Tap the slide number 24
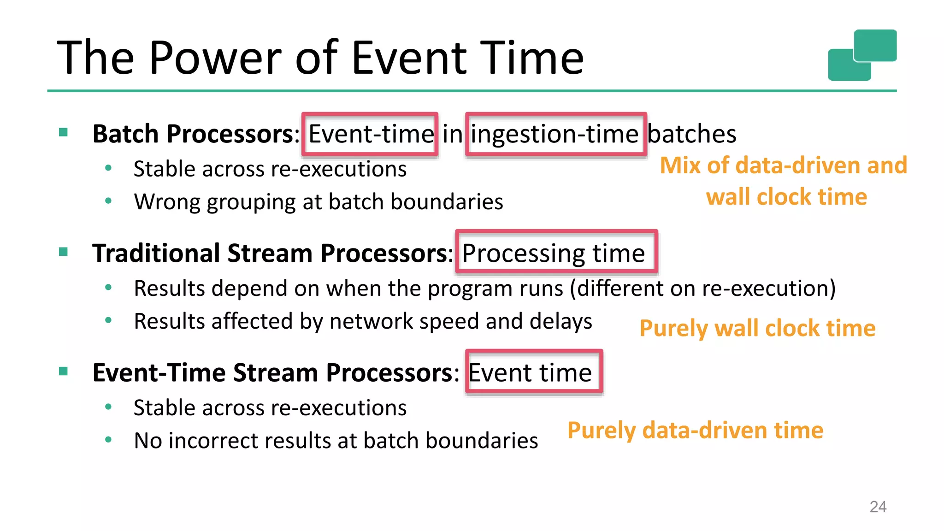point(878,507)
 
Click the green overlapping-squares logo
point(862,55)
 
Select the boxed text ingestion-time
point(555,134)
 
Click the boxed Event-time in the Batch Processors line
point(371,134)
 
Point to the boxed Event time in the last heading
point(530,372)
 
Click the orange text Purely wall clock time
point(757,329)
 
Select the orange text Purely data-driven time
point(695,430)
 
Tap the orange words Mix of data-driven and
point(783,165)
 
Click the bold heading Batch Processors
point(193,134)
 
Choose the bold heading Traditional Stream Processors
point(270,253)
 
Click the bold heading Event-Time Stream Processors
point(272,372)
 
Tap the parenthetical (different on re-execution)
point(702,289)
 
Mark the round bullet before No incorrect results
point(108,440)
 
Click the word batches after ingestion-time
point(691,134)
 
